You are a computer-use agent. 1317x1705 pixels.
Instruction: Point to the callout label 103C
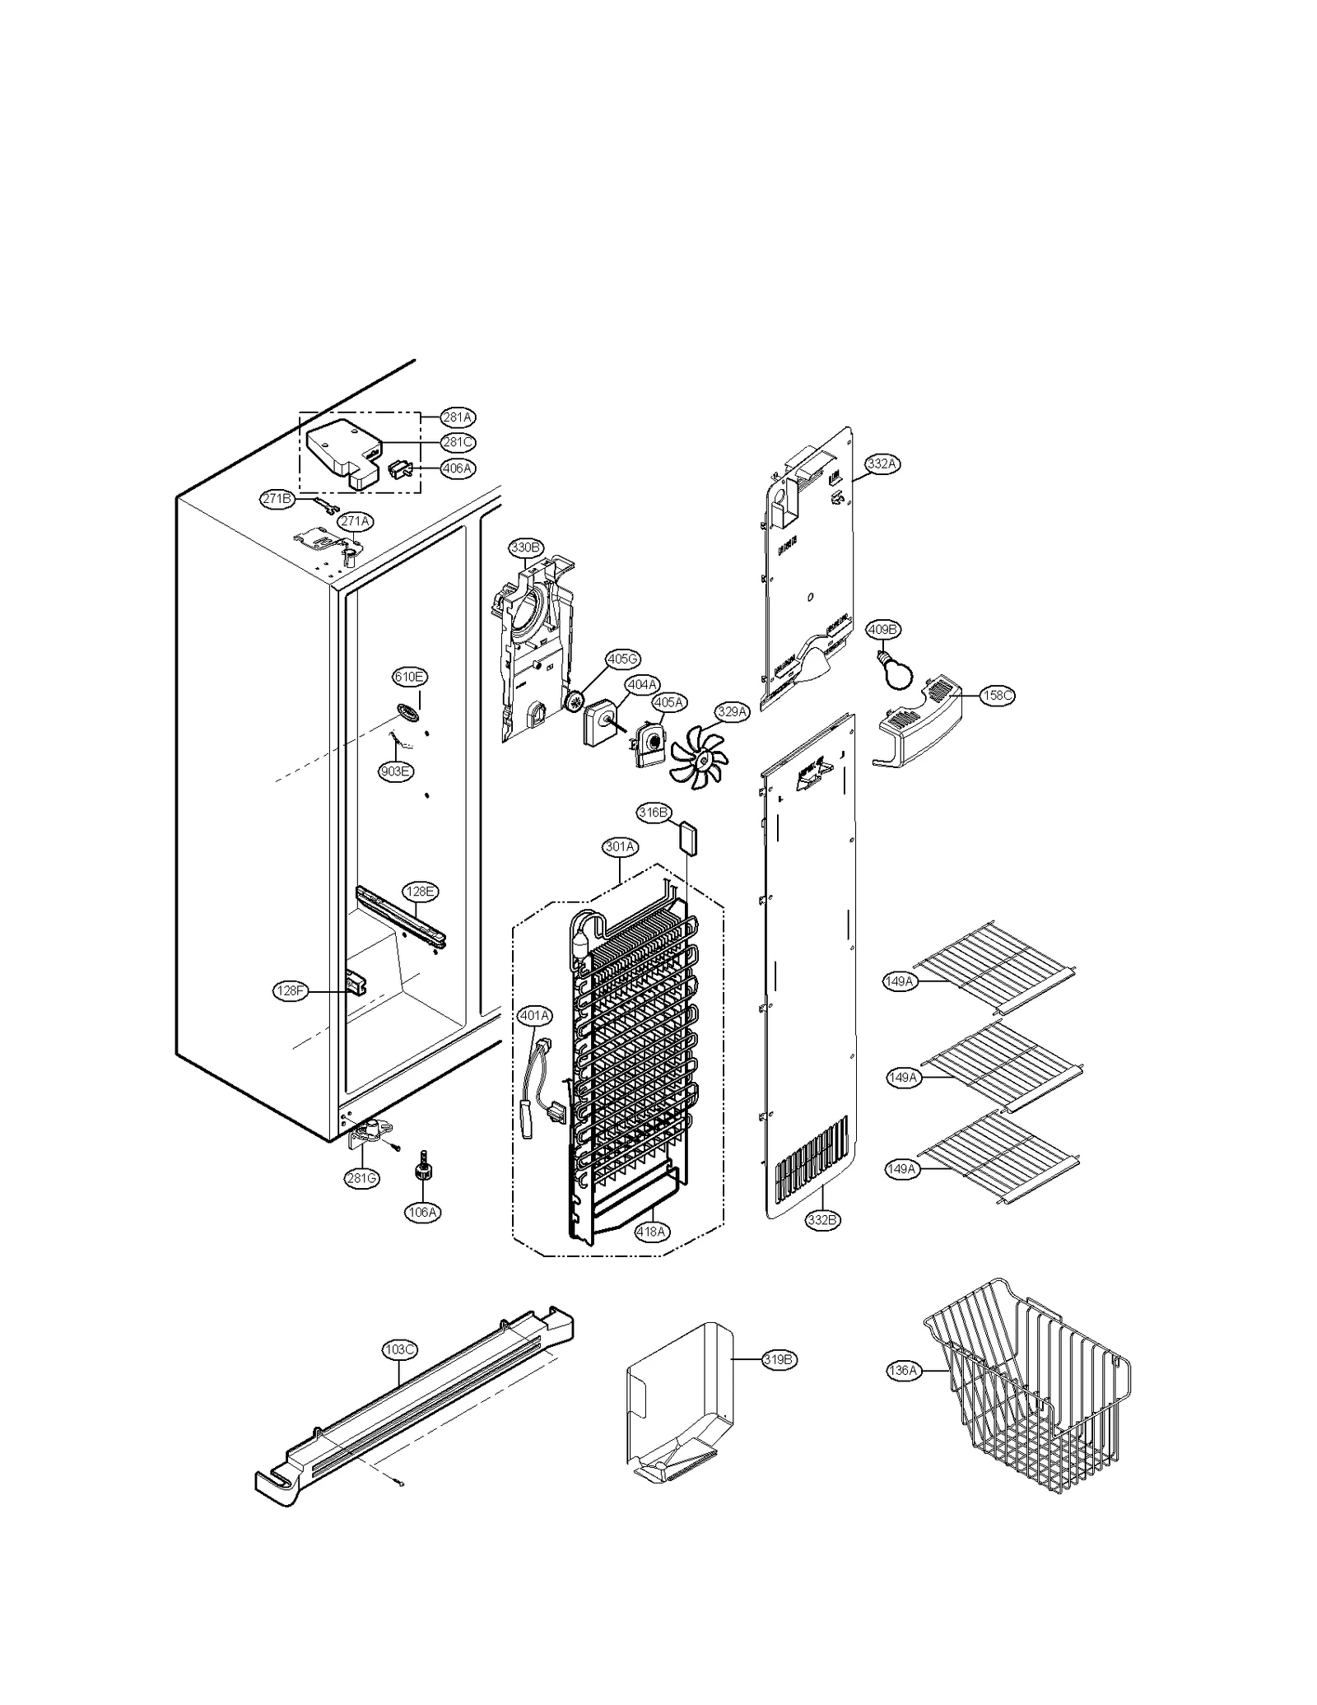pos(399,1349)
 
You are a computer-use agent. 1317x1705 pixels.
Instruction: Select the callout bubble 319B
pos(778,1359)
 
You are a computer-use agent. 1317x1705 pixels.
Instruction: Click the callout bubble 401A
pos(534,1016)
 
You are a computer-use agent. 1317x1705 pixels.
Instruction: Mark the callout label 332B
pos(821,1220)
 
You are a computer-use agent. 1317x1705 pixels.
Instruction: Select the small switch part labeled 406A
pos(399,470)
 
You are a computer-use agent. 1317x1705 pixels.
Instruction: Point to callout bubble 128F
pos(290,991)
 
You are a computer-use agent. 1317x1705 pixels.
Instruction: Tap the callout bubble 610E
pos(409,677)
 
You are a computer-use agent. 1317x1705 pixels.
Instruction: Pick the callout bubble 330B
pos(525,547)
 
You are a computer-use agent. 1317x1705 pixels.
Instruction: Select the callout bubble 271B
pos(277,499)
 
